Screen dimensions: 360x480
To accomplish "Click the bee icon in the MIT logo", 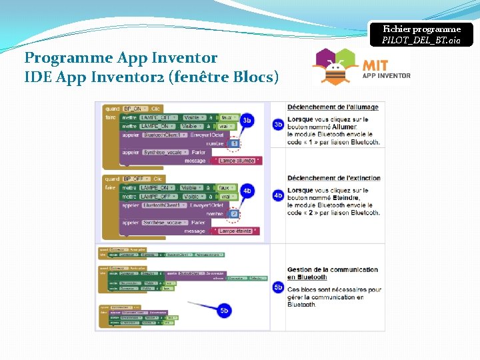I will click(x=337, y=67).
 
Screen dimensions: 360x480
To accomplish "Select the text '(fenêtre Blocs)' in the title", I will click(x=224, y=77).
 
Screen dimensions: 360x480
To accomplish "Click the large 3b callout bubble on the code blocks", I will click(x=247, y=120).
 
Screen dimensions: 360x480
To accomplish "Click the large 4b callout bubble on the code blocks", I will click(x=247, y=191).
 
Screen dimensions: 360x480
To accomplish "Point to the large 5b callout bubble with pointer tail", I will click(x=225, y=310).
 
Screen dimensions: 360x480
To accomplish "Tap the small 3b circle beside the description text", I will click(x=279, y=125).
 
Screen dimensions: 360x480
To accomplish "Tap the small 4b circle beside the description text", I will click(x=279, y=195).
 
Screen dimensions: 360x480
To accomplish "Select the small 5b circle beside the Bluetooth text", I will click(x=279, y=287).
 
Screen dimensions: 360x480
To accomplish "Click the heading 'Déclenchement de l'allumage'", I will click(x=333, y=107).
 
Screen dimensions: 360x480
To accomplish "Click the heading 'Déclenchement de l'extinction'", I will click(x=334, y=178).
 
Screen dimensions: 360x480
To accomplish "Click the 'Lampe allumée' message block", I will click(x=237, y=161).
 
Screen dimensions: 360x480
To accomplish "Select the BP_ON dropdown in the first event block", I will click(x=134, y=108).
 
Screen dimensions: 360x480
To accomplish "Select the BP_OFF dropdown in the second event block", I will click(x=135, y=179).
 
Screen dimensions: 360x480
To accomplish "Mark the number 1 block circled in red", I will click(x=235, y=143).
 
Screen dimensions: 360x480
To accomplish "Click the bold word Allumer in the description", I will click(x=344, y=127).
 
